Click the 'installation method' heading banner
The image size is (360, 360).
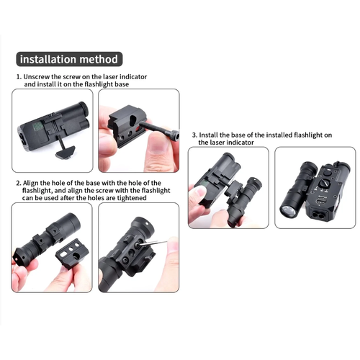[69, 59]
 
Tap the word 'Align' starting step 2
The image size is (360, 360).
[30, 184]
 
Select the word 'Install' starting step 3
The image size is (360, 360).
[209, 135]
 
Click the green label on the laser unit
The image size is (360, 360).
[37, 126]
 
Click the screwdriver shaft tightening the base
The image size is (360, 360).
[153, 243]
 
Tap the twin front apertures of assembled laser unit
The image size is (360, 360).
[319, 215]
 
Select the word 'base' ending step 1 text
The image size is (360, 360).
[122, 84]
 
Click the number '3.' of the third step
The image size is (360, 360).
[194, 135]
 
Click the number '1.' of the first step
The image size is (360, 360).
[19, 77]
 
